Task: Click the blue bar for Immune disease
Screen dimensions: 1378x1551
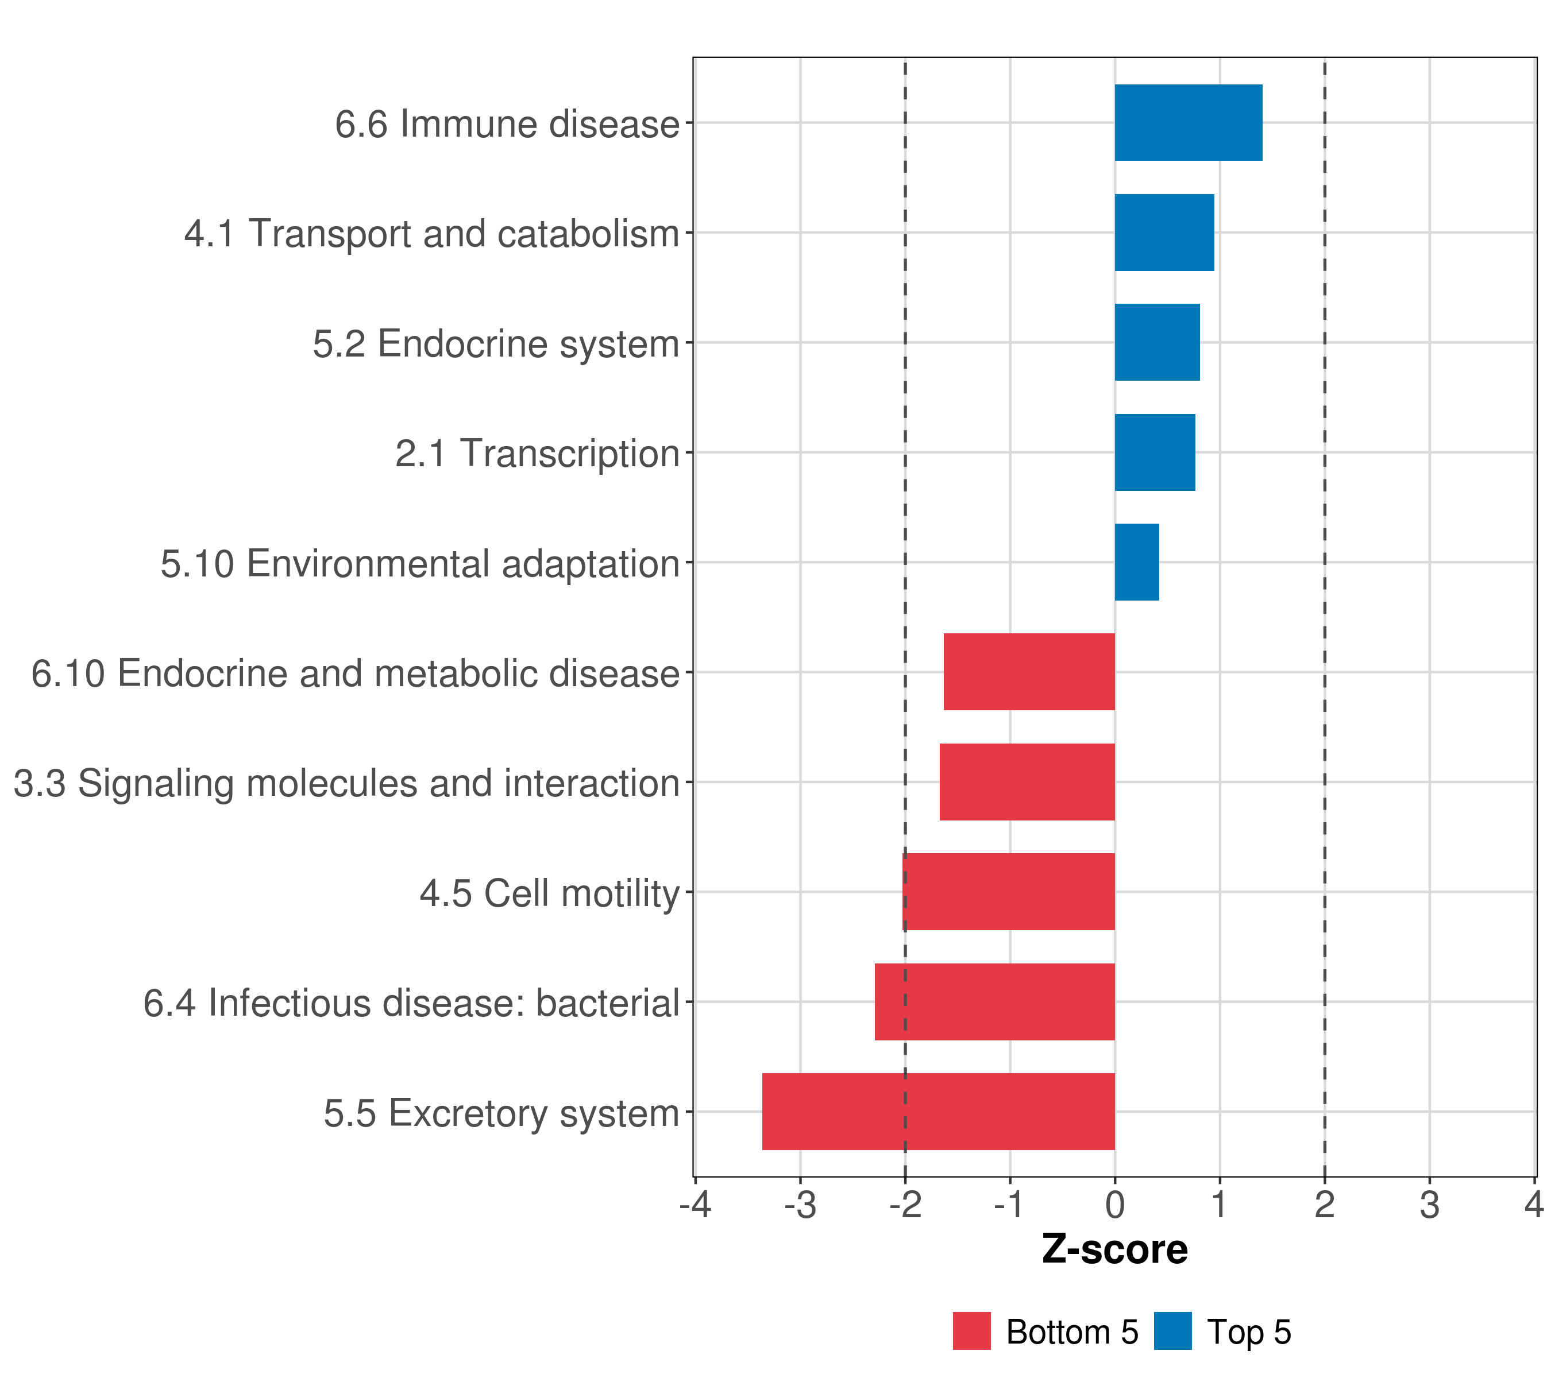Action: point(1189,123)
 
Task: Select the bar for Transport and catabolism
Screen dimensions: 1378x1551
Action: point(1164,233)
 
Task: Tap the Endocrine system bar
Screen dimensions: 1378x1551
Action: point(1157,343)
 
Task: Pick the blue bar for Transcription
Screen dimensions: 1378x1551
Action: point(1155,453)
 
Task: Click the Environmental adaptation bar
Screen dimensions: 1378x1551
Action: point(1137,562)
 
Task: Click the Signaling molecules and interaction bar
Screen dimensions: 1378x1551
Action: point(1028,782)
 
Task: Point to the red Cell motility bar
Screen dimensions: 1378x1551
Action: point(1009,892)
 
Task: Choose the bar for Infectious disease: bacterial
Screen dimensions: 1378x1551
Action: point(995,1002)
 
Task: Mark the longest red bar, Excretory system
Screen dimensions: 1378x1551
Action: point(939,1112)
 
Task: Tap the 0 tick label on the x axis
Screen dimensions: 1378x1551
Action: point(1114,1205)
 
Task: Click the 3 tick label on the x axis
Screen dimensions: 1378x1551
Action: point(1430,1205)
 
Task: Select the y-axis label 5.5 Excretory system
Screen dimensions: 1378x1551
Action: point(501,1113)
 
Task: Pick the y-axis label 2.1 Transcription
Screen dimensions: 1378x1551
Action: point(537,454)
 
